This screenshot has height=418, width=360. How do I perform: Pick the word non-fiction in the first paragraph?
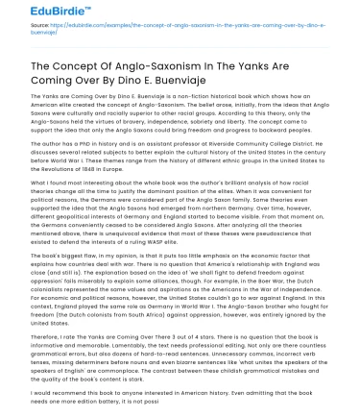[188, 99]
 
